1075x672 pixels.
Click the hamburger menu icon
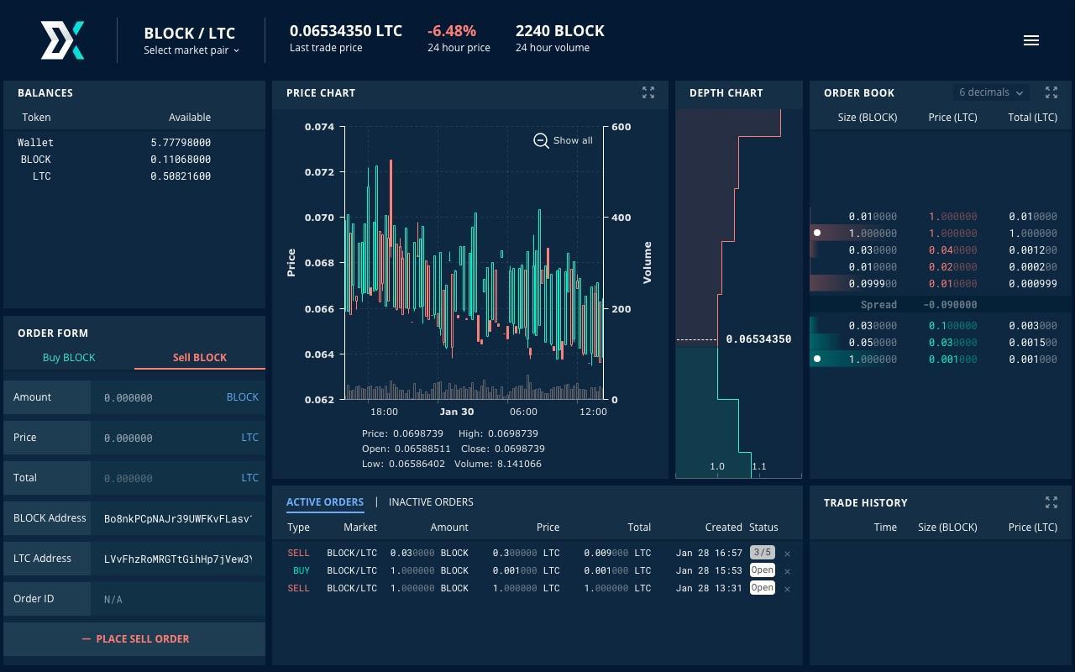pyautogui.click(x=1031, y=40)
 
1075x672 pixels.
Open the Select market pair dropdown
pyautogui.click(x=191, y=50)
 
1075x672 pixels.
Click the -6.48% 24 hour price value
pyautogui.click(x=452, y=31)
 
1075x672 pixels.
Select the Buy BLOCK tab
pyautogui.click(x=69, y=358)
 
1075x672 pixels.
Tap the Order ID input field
pyautogui.click(x=176, y=599)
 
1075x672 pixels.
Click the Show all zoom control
pyautogui.click(x=564, y=140)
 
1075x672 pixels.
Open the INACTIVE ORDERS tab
pyautogui.click(x=431, y=502)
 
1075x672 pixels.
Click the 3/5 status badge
pyautogui.click(x=762, y=553)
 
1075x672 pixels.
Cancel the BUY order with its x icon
pyautogui.click(x=787, y=571)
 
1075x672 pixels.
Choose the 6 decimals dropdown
pyautogui.click(x=991, y=92)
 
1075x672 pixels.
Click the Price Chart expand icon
pyautogui.click(x=648, y=92)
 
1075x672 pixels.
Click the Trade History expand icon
pyautogui.click(x=1051, y=502)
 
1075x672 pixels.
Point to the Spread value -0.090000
pyautogui.click(x=950, y=305)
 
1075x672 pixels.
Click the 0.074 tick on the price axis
pyautogui.click(x=319, y=127)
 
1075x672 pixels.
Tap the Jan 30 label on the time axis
pyautogui.click(x=456, y=412)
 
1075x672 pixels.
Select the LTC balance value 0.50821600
pyautogui.click(x=181, y=176)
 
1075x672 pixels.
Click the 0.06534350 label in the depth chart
pyautogui.click(x=758, y=339)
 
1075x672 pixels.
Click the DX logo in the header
pyautogui.click(x=63, y=40)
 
